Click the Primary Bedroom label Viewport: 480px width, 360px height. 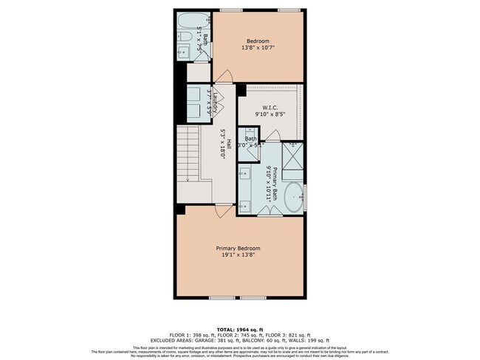[x=238, y=248]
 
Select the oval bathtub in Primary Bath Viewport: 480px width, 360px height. [x=293, y=198]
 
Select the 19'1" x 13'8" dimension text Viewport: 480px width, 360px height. [x=238, y=256]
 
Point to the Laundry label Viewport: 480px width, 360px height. [x=215, y=100]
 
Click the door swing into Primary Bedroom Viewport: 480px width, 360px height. [x=220, y=210]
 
